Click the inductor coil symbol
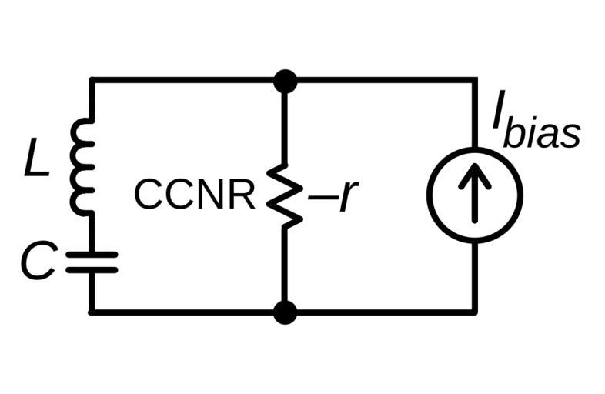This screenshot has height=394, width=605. tap(83, 165)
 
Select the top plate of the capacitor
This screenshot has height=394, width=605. tap(92, 255)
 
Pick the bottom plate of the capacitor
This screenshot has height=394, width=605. tap(92, 269)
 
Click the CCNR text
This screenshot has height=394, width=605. tap(194, 195)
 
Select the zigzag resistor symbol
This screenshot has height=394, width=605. tap(284, 195)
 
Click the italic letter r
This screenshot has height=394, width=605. tap(346, 197)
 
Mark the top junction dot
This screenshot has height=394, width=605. tap(285, 79)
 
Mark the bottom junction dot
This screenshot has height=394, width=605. tap(285, 312)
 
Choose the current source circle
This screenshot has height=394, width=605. tap(475, 195)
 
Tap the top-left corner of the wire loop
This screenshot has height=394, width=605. tap(92, 79)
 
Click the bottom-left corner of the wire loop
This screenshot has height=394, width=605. tap(92, 312)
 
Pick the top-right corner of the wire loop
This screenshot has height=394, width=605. tap(475, 79)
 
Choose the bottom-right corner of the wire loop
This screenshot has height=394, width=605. tap(475, 312)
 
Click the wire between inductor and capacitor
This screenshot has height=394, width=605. tap(92, 231)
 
